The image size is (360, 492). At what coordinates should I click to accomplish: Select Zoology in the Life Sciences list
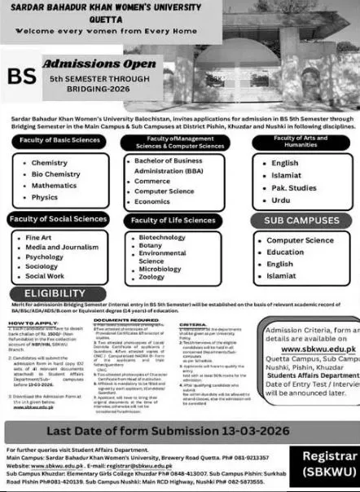point(152,278)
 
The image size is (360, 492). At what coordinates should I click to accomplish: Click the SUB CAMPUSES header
point(301,220)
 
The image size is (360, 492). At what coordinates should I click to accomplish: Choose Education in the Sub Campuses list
point(286,253)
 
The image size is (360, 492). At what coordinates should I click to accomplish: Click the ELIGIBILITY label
point(50,292)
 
